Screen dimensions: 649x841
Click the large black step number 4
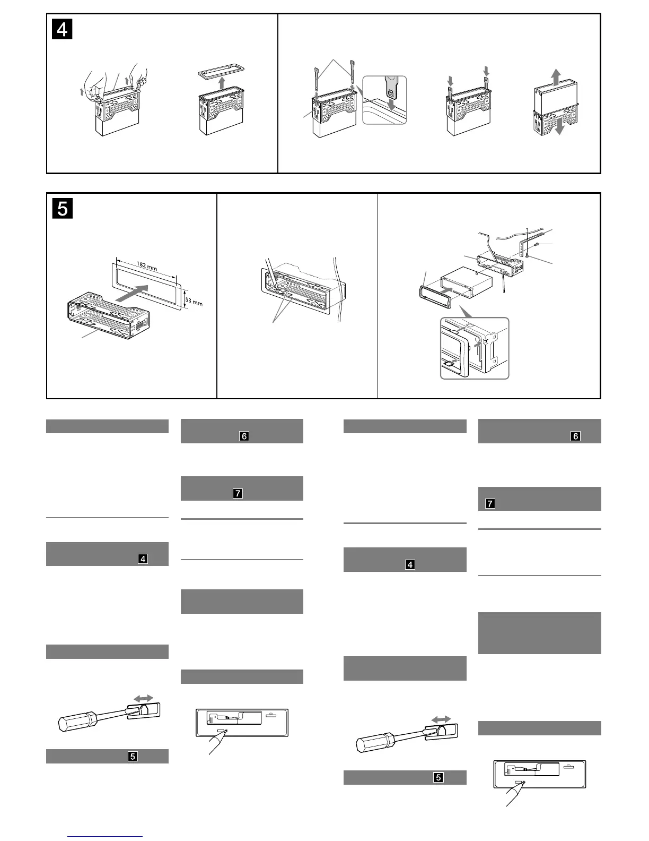63,30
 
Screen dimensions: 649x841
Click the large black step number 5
63,209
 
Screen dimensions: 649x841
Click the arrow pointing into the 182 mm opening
131,293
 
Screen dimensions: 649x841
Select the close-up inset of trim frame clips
475,348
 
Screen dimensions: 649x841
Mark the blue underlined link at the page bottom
106,836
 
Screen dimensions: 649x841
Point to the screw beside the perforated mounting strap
537,244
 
